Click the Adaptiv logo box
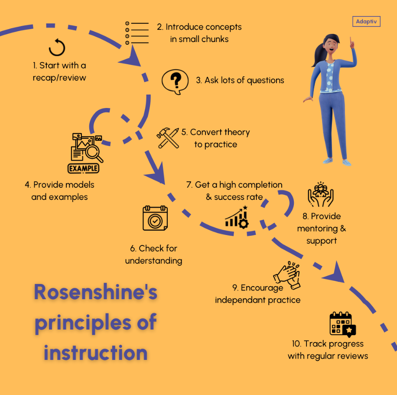pos(367,21)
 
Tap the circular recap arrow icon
pos(57,47)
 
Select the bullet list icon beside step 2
pos(137,33)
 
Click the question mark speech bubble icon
pos(175,82)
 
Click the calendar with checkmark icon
pos(155,218)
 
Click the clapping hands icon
pos(287,274)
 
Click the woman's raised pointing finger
pos(351,44)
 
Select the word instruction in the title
pos(95,352)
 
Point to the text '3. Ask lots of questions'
pos(240,80)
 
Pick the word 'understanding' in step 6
pos(153,261)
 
